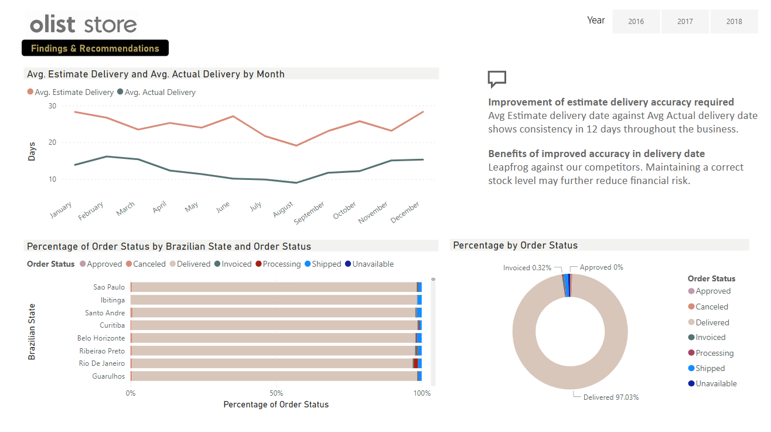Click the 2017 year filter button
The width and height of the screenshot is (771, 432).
tap(685, 22)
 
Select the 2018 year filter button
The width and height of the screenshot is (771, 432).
tap(734, 22)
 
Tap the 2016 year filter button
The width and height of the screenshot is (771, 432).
tap(636, 22)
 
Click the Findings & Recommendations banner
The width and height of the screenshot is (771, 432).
tap(95, 48)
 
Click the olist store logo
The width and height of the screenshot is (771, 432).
tap(83, 24)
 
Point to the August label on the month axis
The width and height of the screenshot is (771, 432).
tap(283, 209)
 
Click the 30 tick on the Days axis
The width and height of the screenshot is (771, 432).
tap(52, 106)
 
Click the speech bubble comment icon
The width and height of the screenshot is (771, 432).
tap(497, 79)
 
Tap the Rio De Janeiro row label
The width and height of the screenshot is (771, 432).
tap(102, 363)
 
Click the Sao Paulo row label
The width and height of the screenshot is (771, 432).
tap(109, 287)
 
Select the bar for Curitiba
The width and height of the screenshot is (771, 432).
tap(274, 325)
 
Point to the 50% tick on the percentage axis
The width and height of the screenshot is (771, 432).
tap(277, 393)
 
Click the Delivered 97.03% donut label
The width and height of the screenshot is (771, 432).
tap(610, 397)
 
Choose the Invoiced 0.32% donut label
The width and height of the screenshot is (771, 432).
tap(527, 268)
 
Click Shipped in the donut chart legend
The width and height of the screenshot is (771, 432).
tap(709, 369)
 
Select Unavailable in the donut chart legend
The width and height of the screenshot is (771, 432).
tap(716, 384)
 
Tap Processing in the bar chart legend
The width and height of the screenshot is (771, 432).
tap(281, 264)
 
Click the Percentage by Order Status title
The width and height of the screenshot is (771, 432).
tap(516, 246)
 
